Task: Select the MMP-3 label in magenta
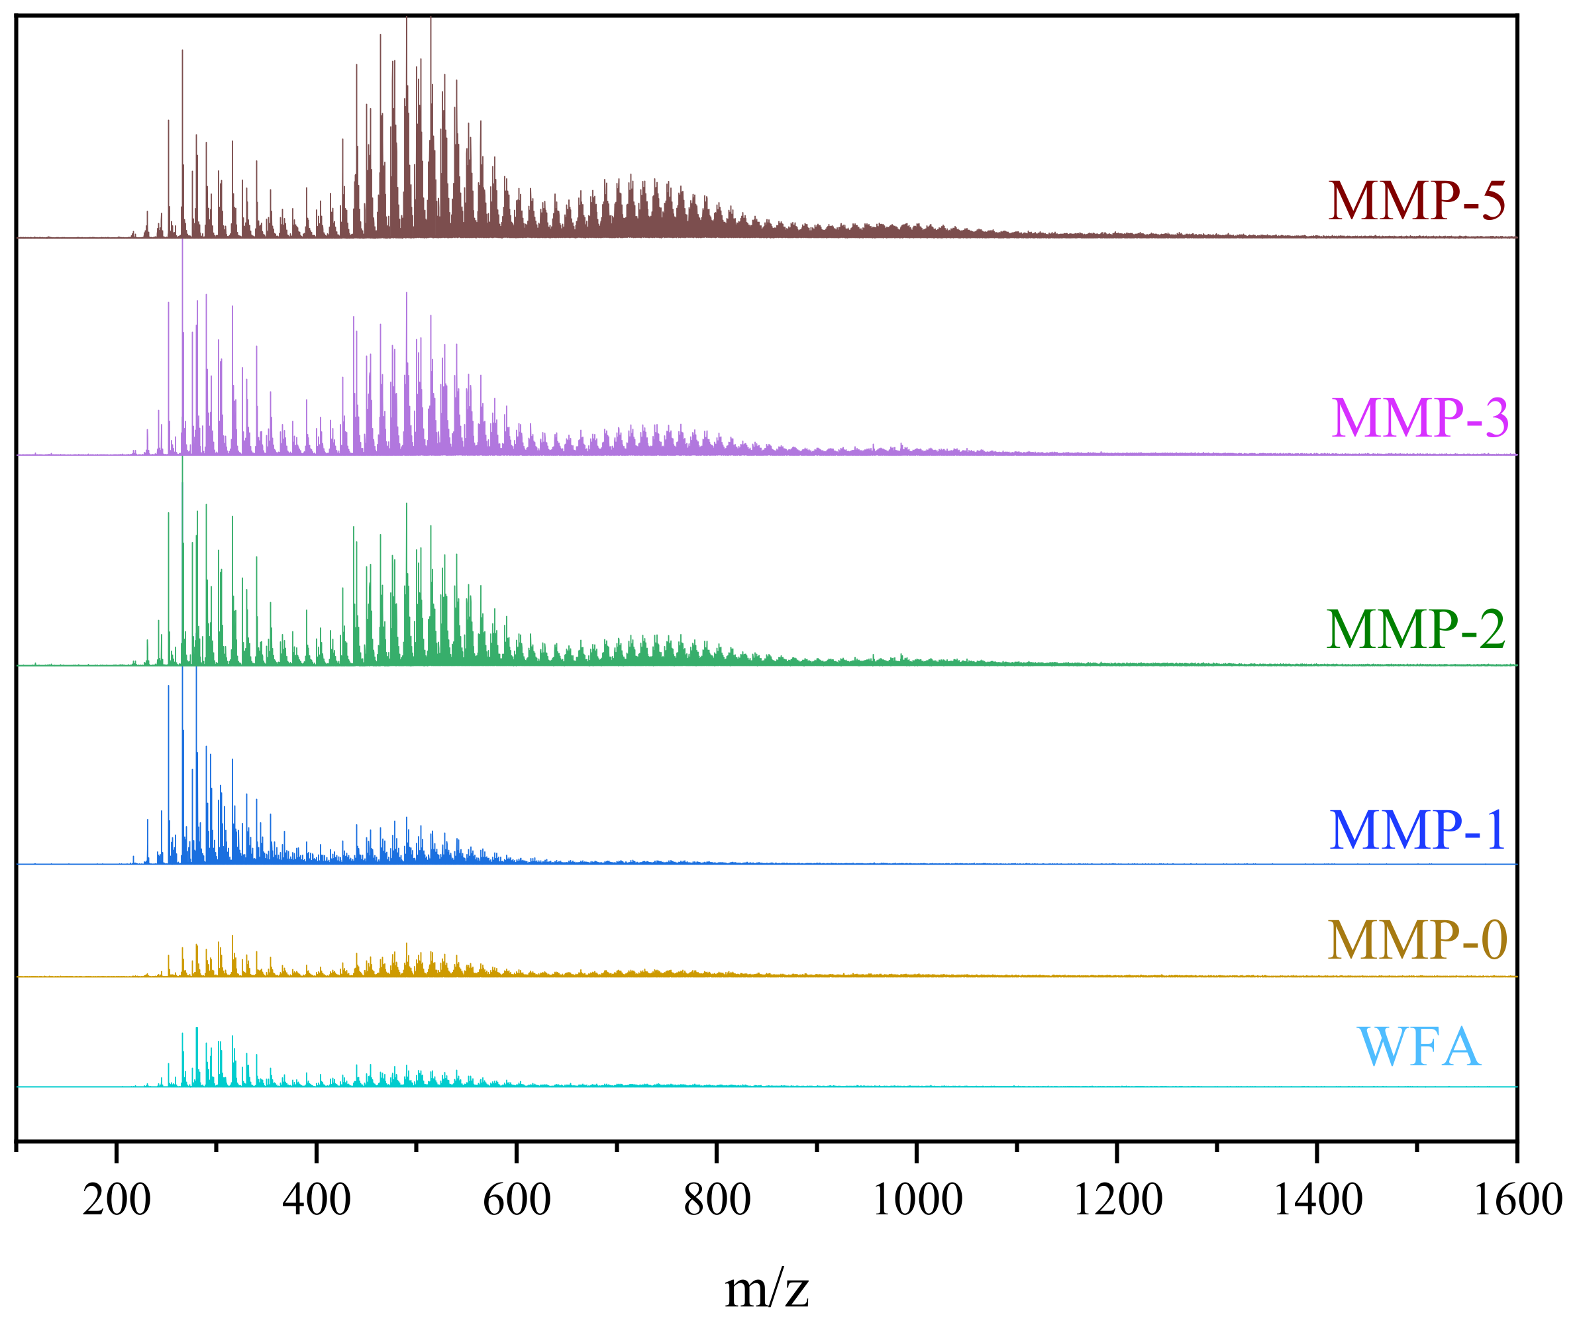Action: click(x=1419, y=418)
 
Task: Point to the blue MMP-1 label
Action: click(x=1417, y=831)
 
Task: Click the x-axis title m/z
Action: click(x=766, y=1288)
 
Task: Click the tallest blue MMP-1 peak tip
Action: click(x=182, y=668)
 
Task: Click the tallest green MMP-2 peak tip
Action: click(x=182, y=457)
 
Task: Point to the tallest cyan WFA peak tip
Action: click(x=196, y=1028)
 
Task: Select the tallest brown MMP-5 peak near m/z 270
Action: click(x=182, y=50)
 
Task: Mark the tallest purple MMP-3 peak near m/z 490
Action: click(x=407, y=293)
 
